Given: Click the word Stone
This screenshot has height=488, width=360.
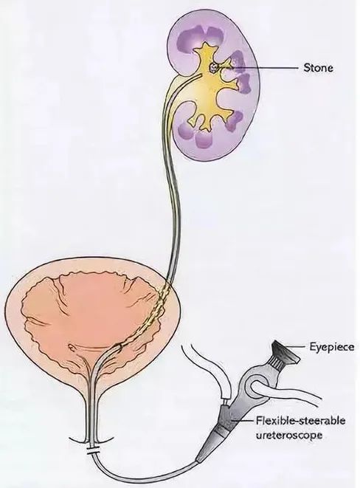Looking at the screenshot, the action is (318, 68).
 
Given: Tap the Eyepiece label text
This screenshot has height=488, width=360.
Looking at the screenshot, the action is (332, 347).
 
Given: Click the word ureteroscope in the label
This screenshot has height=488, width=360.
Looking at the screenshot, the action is (288, 435).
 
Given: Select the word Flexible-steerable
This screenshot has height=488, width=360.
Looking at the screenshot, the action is (301, 421).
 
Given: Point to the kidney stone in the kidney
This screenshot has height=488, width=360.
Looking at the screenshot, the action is (214, 67).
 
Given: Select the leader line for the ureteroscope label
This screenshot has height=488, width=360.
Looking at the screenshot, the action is (243, 421).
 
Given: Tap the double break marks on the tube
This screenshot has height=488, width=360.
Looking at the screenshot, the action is (92, 450).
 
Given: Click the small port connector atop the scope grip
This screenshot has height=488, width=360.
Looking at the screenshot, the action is (224, 401).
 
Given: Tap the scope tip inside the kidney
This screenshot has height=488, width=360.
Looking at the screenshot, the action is (199, 75).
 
